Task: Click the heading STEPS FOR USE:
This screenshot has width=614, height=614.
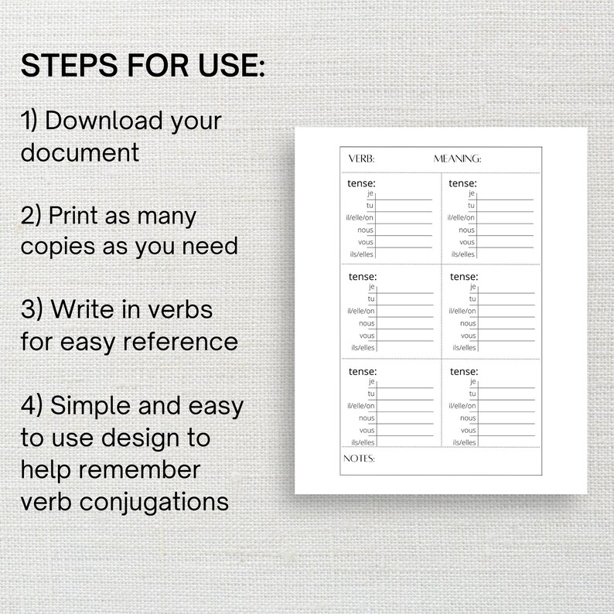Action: (x=143, y=66)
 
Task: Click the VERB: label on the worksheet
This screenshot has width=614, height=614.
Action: (x=361, y=159)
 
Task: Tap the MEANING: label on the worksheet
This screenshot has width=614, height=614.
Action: (x=457, y=159)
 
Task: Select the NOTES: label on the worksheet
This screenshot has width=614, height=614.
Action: (x=358, y=459)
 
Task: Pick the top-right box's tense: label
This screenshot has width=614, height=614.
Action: (x=462, y=183)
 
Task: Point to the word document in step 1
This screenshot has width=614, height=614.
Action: (x=80, y=152)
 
